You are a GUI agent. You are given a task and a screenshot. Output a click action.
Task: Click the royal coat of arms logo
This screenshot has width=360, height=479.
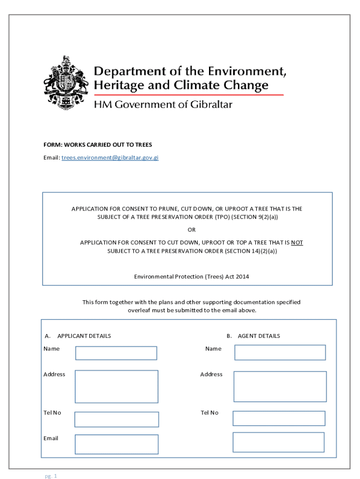pos(65,83)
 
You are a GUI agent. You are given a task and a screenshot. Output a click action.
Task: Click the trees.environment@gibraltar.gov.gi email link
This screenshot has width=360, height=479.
pos(110,158)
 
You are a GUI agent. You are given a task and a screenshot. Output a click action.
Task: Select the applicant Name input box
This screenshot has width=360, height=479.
pos(116,353)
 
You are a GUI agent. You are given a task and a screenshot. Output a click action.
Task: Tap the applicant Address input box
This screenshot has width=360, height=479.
pos(116,386)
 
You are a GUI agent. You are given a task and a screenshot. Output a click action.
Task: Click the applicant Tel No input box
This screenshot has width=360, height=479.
pos(116,419)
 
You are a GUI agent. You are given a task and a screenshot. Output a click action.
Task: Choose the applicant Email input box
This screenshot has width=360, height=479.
pos(116,444)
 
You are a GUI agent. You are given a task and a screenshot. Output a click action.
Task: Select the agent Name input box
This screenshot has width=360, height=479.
pos(280,353)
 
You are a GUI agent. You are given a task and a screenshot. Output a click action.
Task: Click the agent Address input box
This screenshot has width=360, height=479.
pos(280,386)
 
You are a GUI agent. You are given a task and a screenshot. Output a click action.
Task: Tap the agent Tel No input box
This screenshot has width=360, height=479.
pos(279,418)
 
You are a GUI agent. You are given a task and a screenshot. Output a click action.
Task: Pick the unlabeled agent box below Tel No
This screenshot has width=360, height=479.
pos(278,442)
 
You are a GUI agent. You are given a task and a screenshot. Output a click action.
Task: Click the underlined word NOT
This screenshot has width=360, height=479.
pos(297,243)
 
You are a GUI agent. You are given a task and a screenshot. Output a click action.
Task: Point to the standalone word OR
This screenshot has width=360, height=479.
pos(192,230)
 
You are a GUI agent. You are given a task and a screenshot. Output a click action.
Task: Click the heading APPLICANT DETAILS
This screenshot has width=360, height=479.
pos(84,336)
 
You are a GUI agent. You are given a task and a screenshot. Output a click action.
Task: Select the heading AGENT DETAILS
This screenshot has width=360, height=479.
pos(259,336)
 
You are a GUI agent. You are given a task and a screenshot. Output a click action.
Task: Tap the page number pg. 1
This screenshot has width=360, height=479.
pos(51,476)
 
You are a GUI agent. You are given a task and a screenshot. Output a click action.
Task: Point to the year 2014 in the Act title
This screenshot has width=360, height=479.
pos(242,276)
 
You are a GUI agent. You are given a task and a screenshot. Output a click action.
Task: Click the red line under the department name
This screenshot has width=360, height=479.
pos(189,95)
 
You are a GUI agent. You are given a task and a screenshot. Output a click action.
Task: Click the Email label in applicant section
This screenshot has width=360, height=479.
pos(51,438)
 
